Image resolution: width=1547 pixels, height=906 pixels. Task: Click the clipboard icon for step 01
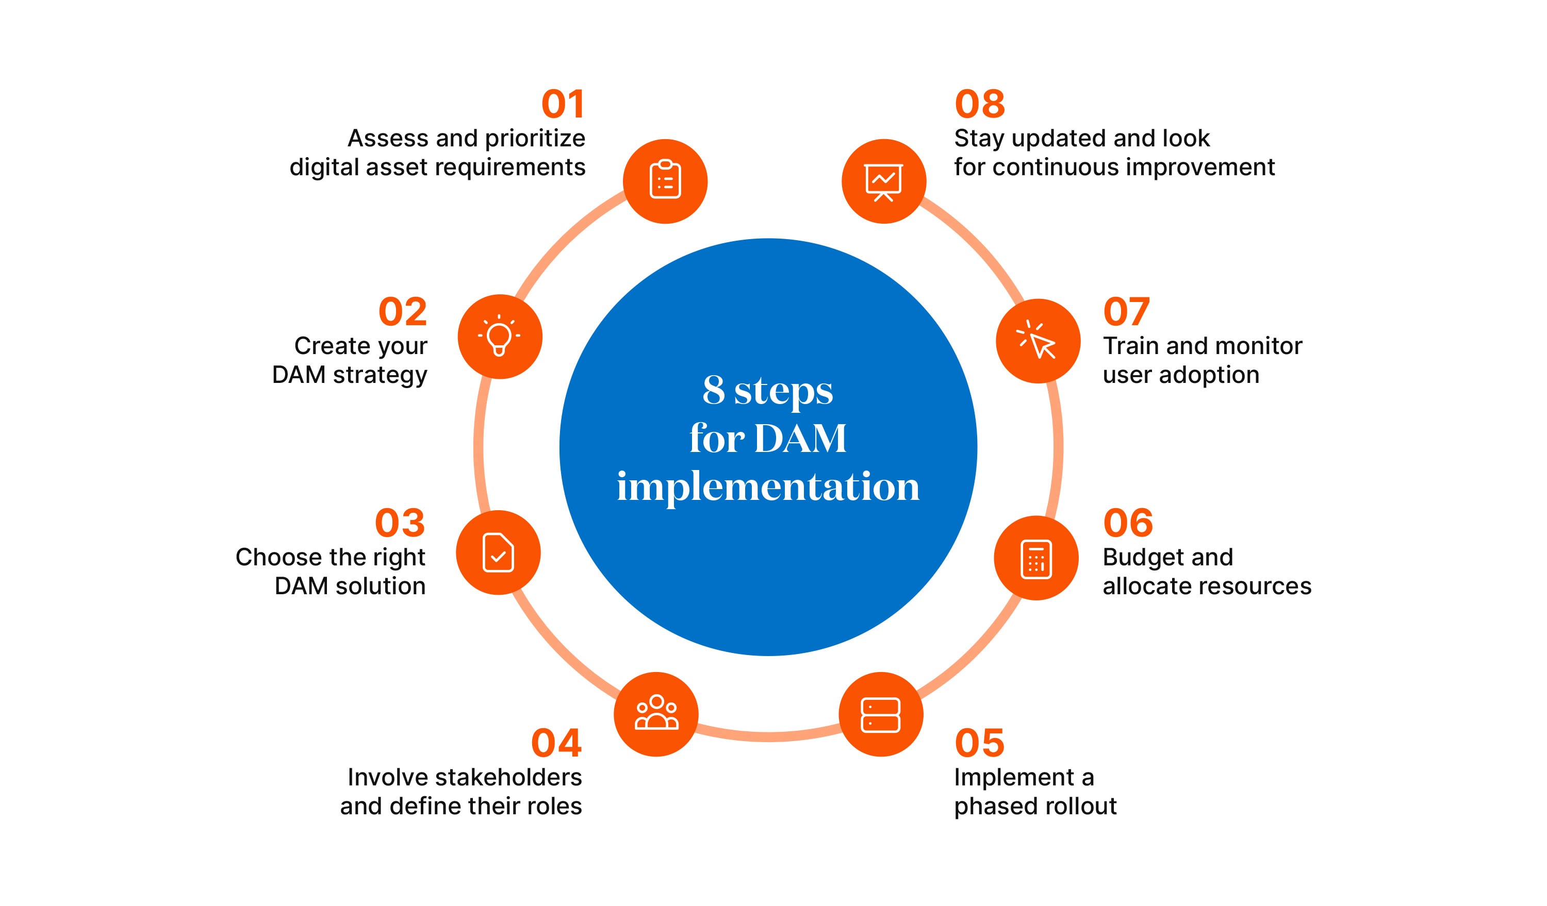pyautogui.click(x=665, y=181)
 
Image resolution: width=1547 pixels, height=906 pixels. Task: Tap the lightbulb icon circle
pyautogui.click(x=500, y=336)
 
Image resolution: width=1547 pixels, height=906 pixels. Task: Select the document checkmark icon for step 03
pyautogui.click(x=498, y=552)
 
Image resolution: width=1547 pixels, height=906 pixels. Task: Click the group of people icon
pyautogui.click(x=656, y=713)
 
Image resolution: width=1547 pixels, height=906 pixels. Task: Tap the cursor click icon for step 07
pyautogui.click(x=1038, y=341)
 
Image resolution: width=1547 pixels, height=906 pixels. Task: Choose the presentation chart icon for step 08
pyautogui.click(x=883, y=181)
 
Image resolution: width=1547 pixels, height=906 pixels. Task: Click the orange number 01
pyautogui.click(x=563, y=104)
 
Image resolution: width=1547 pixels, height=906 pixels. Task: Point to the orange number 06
pyautogui.click(x=1128, y=523)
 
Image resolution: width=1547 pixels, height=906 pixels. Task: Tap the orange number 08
pyautogui.click(x=980, y=104)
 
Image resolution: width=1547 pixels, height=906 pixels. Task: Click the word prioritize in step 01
pyautogui.click(x=535, y=139)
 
